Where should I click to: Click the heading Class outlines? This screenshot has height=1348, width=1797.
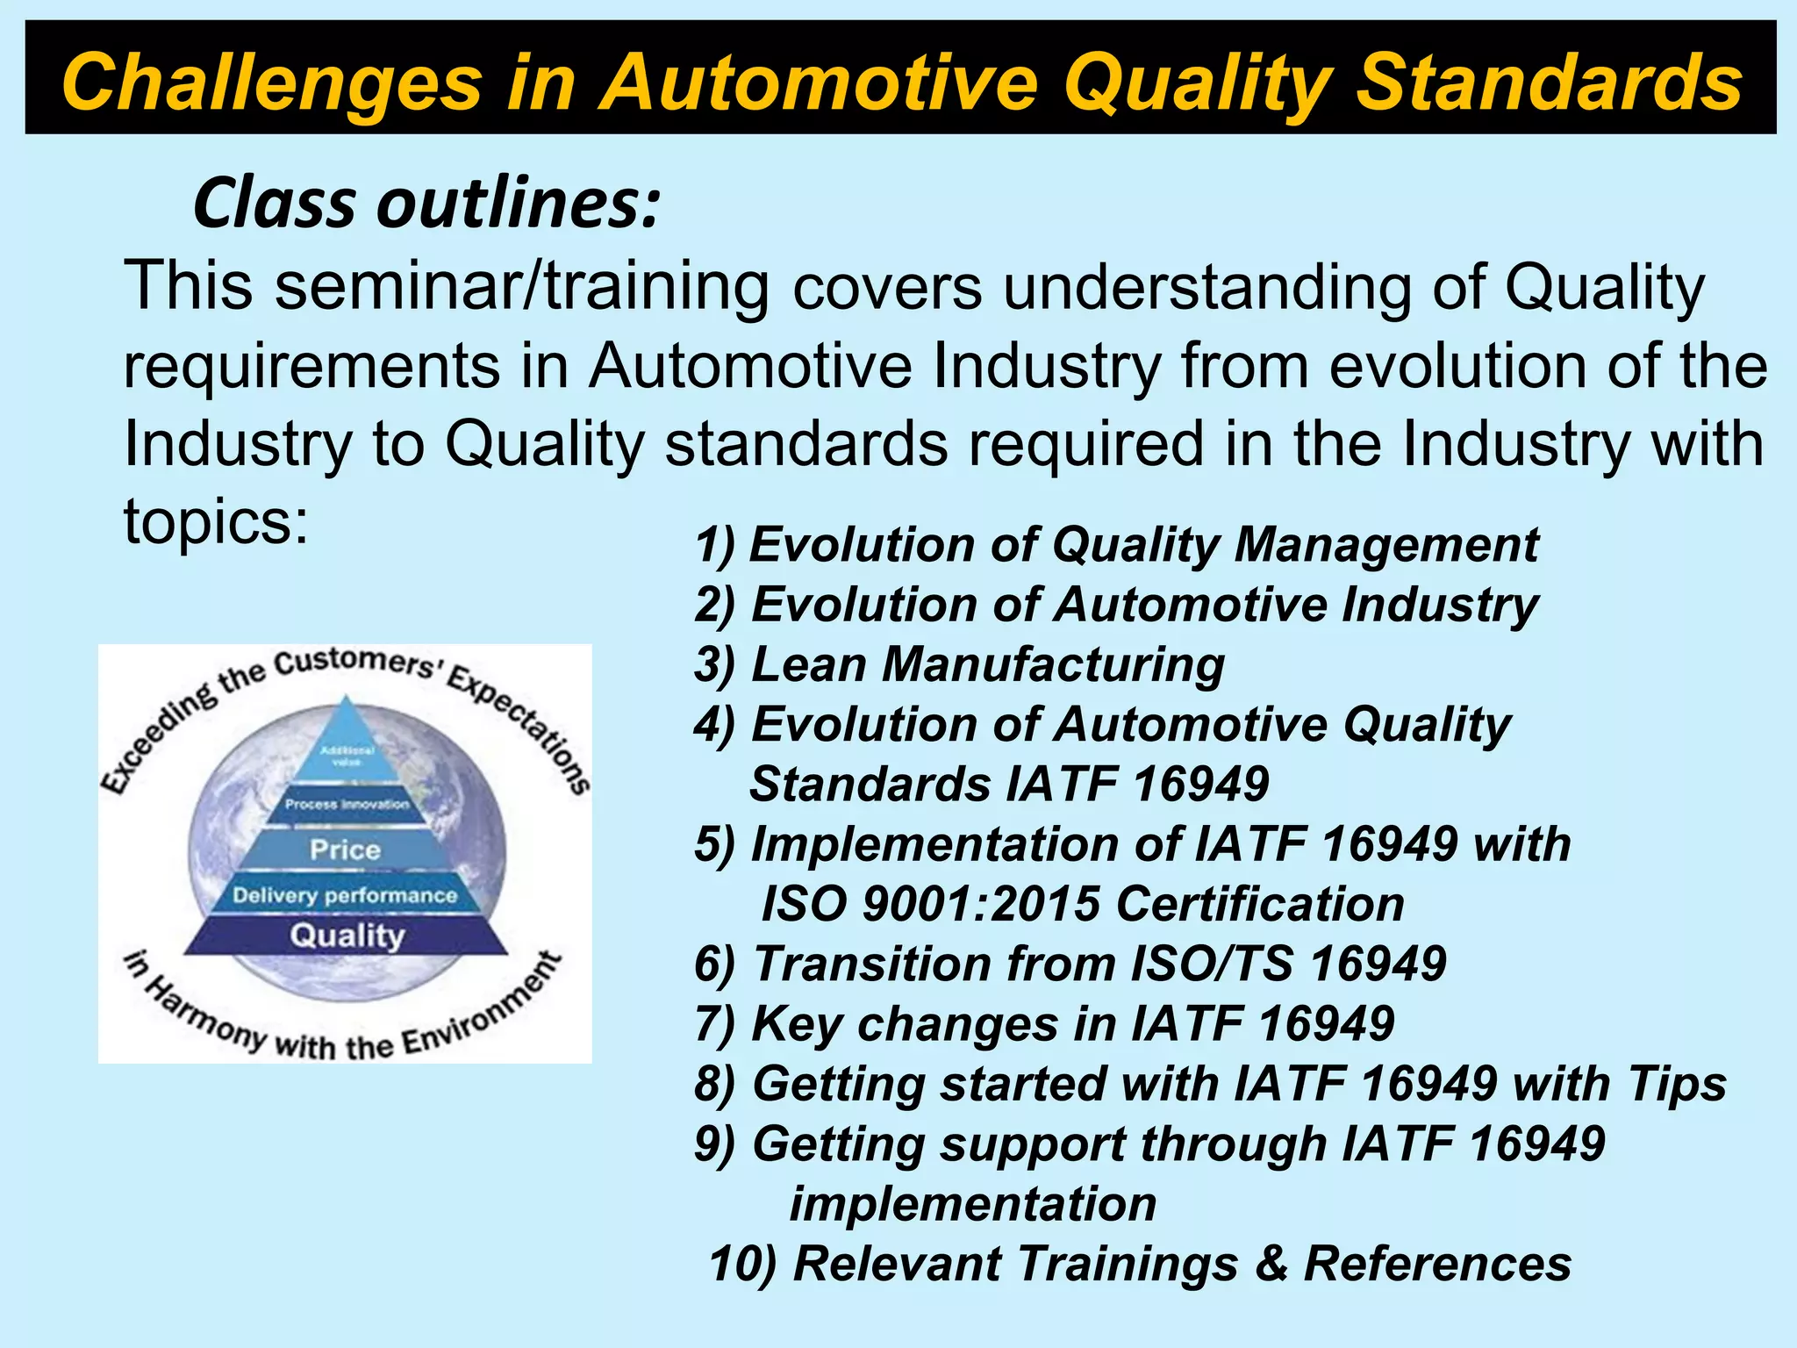coord(426,204)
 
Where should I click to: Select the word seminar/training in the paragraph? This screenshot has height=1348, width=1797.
coord(521,287)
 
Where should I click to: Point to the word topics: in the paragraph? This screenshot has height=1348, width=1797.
coord(216,521)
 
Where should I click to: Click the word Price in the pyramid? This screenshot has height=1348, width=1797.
coord(345,850)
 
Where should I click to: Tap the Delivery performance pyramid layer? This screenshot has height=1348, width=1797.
coord(345,895)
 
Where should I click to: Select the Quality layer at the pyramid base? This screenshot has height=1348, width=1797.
coord(347,936)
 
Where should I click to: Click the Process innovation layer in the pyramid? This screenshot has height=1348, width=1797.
coord(347,804)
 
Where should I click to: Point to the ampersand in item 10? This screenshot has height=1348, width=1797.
coord(1270,1265)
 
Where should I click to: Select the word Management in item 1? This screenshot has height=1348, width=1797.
coord(1386,545)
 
